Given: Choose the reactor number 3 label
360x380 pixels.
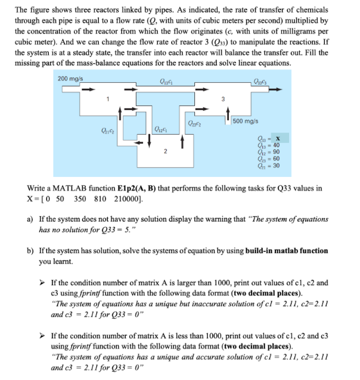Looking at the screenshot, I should pos(222,100).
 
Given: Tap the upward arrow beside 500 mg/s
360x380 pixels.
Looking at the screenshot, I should pos(227,121).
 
